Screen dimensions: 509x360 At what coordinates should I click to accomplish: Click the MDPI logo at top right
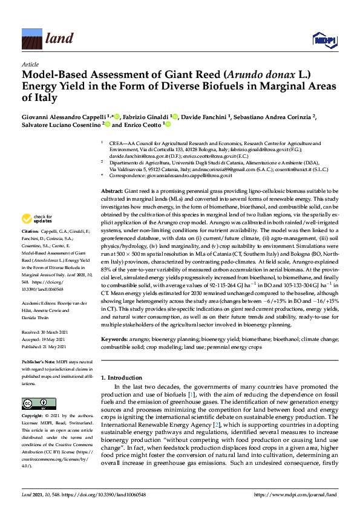324,41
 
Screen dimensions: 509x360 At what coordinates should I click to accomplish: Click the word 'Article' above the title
30,63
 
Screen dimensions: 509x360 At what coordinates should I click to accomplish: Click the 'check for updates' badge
38,218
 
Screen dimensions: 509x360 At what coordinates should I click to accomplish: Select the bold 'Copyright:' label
33,417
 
